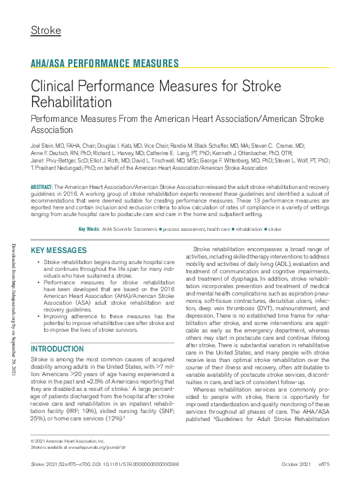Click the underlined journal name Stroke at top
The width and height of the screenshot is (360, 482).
[x=46, y=30]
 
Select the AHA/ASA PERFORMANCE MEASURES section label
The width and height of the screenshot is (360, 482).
[x=105, y=63]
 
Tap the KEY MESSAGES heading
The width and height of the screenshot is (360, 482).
[x=58, y=251]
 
